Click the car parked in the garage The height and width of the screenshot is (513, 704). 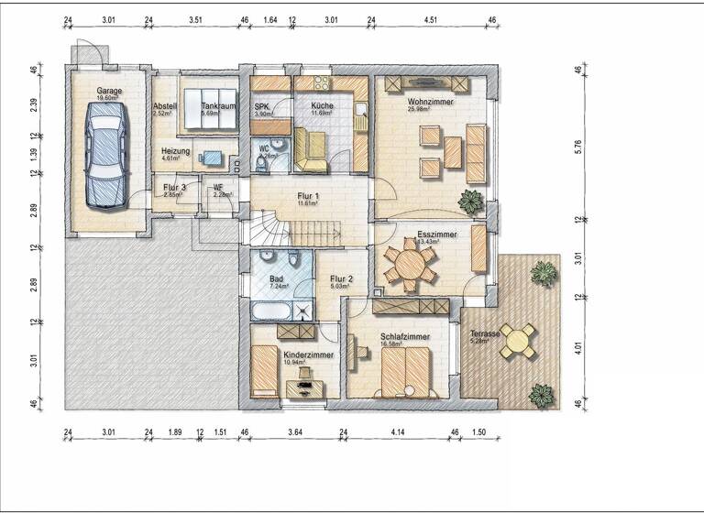104,157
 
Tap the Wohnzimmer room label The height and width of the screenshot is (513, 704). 430,103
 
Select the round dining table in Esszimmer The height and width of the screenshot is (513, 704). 411,265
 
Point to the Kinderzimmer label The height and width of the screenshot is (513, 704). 308,354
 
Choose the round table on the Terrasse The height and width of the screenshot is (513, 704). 520,342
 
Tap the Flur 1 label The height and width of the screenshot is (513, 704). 307,196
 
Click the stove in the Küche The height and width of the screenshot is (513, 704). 323,84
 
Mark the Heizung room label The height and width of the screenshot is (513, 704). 175,151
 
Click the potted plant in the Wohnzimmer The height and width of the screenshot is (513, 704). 472,201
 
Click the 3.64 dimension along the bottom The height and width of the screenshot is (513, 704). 293,431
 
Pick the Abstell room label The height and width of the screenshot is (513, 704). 165,105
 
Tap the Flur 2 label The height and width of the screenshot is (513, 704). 342,278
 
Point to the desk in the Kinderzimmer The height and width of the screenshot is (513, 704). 304,387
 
